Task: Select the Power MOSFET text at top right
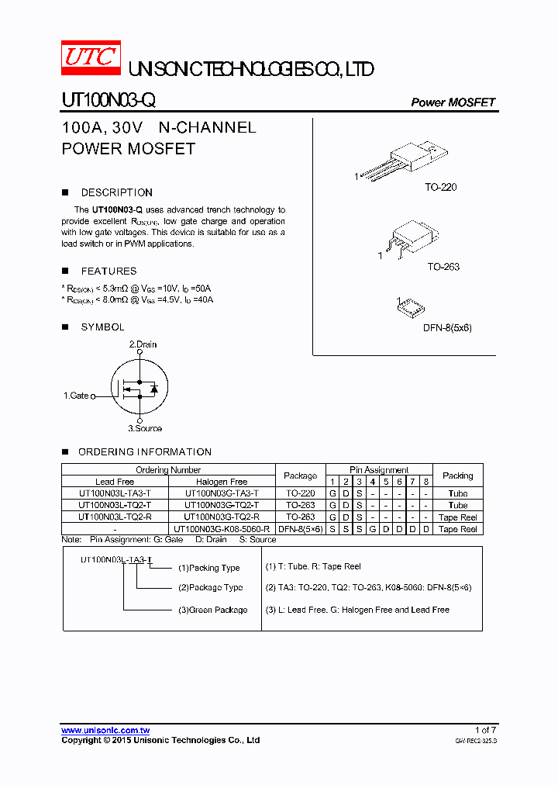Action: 453,102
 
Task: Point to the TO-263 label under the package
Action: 443,267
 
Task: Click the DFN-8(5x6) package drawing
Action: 412,307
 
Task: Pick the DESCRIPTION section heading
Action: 116,192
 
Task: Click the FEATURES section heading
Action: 108,271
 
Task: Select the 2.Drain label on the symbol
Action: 143,344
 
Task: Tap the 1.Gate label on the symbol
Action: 76,396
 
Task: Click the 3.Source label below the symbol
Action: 145,428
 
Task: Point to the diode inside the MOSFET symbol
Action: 153,389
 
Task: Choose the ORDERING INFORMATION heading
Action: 144,451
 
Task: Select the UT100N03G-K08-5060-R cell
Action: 222,529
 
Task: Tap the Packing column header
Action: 457,475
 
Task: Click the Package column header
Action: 300,475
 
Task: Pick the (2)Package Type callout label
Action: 210,587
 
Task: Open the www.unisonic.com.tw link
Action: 105,731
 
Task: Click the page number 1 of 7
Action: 485,730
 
